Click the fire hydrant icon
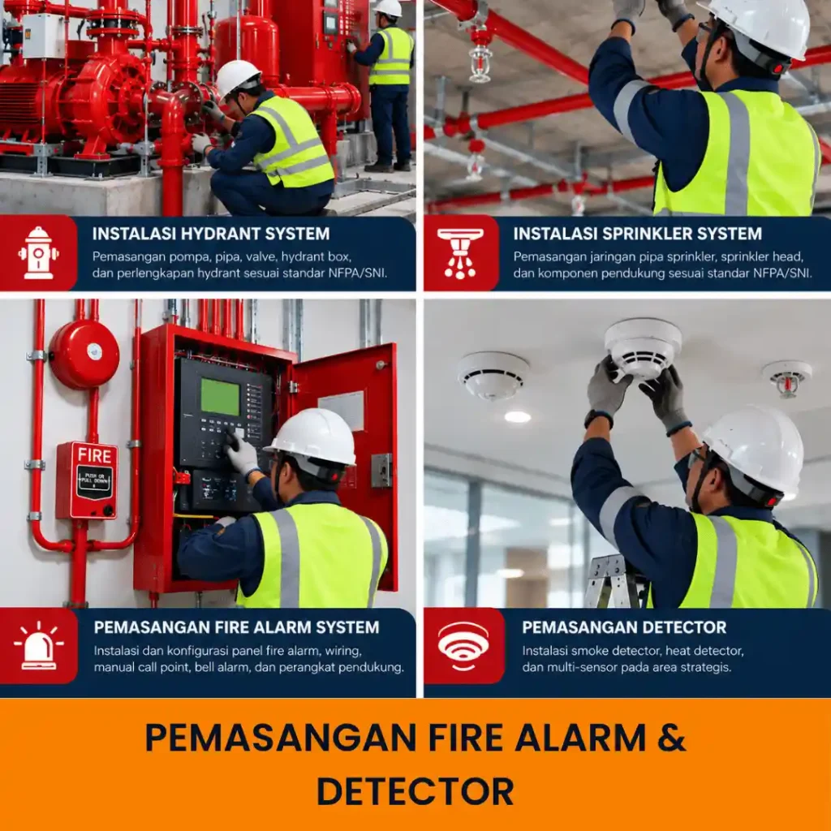(x=38, y=253)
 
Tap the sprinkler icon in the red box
(x=460, y=253)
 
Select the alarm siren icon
(x=39, y=646)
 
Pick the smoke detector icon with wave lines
(x=463, y=646)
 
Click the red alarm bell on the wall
(x=84, y=354)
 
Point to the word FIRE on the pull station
(x=94, y=455)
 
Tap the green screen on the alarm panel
(x=220, y=396)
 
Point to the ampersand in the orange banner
(x=671, y=737)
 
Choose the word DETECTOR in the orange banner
(x=415, y=792)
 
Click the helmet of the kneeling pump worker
(x=237, y=77)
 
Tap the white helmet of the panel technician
(x=312, y=437)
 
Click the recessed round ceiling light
(x=517, y=417)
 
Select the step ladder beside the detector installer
(x=615, y=581)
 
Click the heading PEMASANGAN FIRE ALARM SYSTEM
(x=236, y=627)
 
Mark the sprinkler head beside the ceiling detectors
(x=787, y=378)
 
